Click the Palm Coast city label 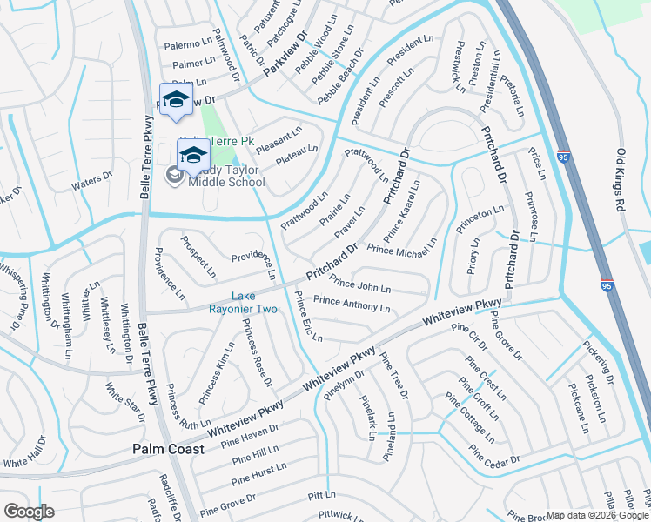[x=168, y=449]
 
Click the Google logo [x=29, y=511]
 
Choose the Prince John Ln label [x=360, y=285]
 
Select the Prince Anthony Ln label [x=351, y=304]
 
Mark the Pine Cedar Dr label [x=493, y=455]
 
